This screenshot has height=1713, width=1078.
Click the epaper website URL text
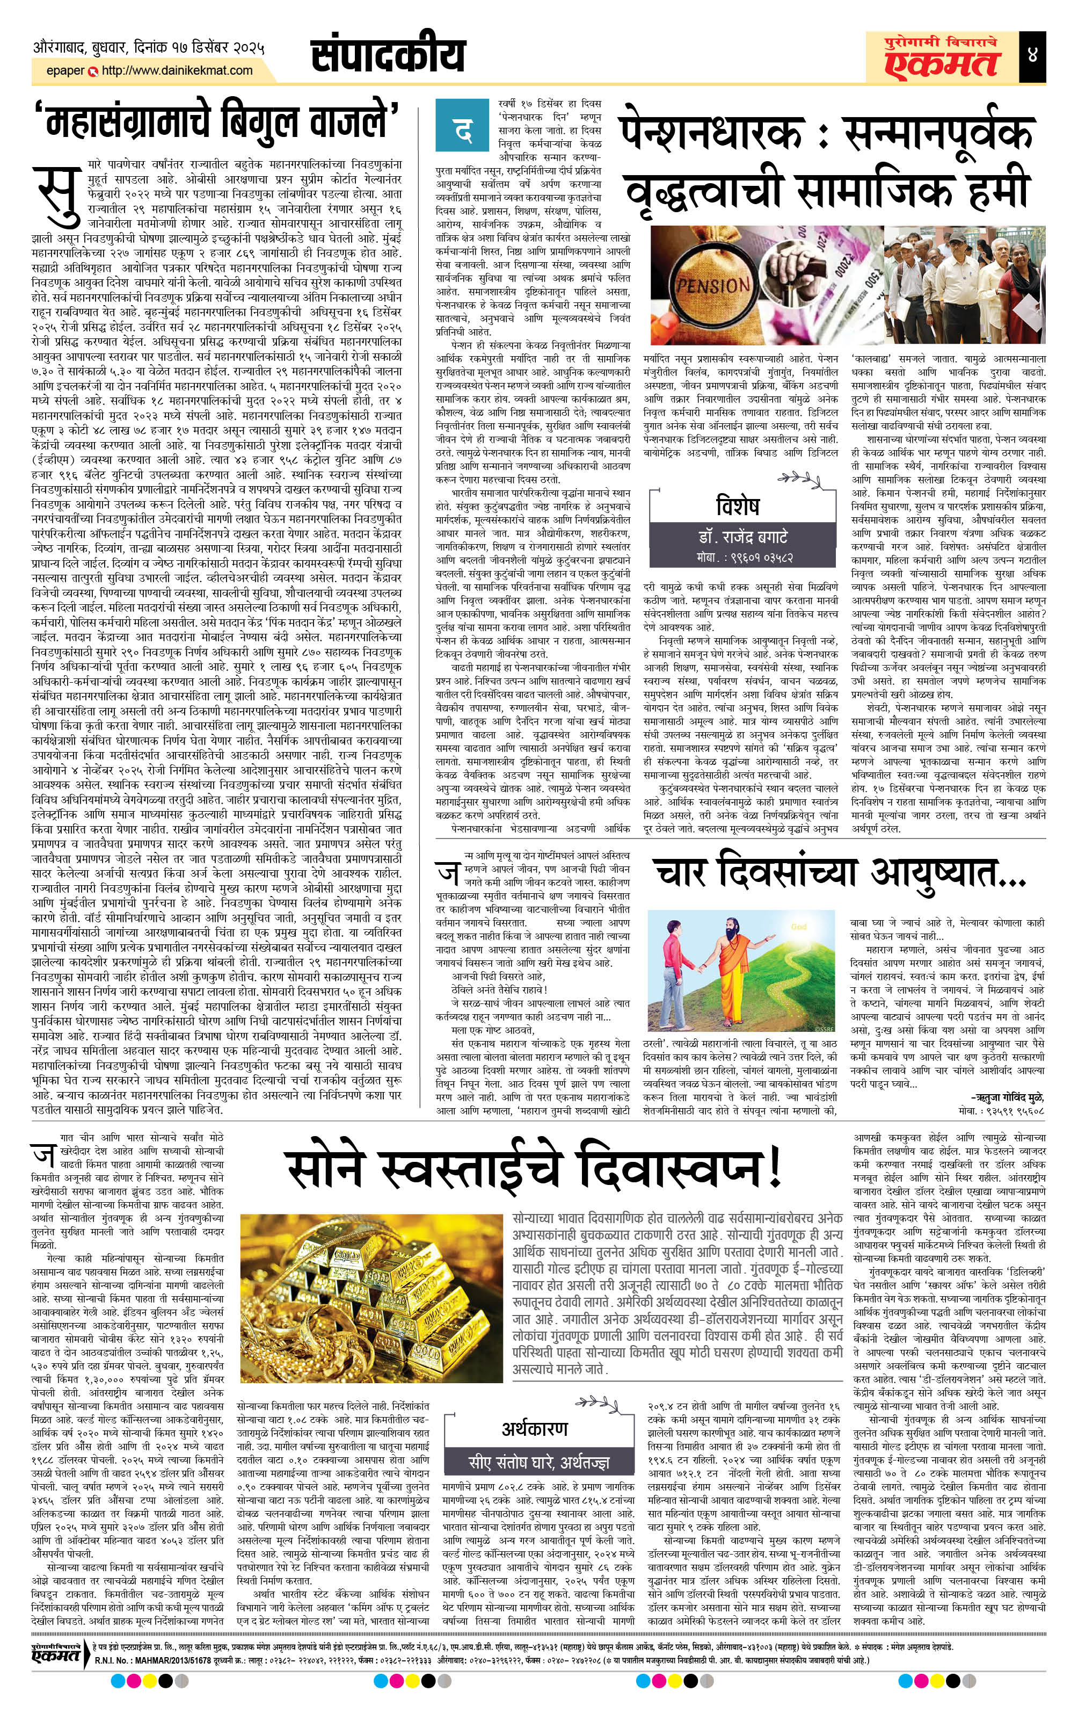pyautogui.click(x=177, y=70)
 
